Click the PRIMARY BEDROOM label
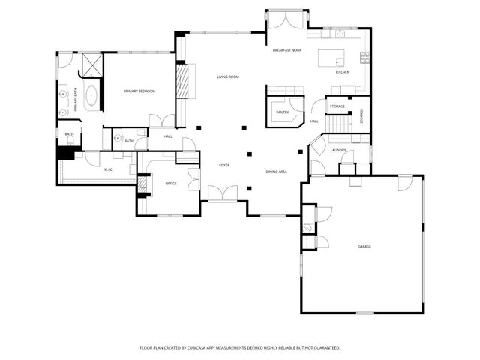pos(139,91)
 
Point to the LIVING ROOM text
pos(228,77)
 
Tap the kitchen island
pos(330,58)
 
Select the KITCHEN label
pos(342,72)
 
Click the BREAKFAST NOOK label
pos(286,50)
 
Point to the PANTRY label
pos(282,112)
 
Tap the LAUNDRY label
pos(337,150)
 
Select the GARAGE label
pos(364,246)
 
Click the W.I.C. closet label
pos(108,169)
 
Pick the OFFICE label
pos(171,183)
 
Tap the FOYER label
pos(224,164)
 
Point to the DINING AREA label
pos(276,172)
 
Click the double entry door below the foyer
pos(223,194)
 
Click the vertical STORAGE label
pos(361,116)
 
